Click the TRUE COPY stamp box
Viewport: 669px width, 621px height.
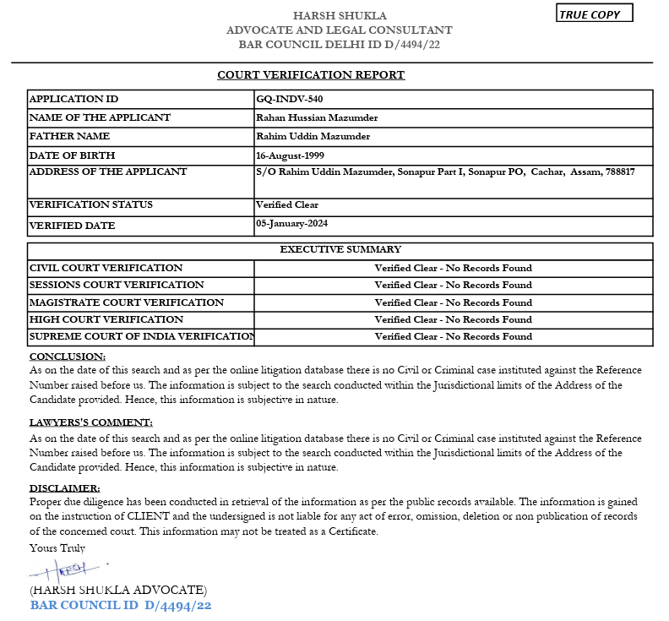click(x=594, y=14)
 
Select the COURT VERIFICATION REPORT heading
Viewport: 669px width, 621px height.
click(x=311, y=75)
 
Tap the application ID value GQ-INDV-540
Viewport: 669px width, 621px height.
click(x=289, y=99)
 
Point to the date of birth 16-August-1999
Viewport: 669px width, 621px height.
click(x=290, y=156)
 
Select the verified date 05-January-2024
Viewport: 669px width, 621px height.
click(x=291, y=224)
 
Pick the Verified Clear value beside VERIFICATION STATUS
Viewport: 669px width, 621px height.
click(x=287, y=204)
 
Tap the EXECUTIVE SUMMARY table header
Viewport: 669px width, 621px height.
click(x=340, y=250)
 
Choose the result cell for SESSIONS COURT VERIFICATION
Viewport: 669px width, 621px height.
click(x=453, y=286)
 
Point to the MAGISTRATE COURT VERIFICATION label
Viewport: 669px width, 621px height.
click(x=127, y=302)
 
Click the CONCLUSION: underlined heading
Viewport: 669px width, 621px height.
click(x=68, y=357)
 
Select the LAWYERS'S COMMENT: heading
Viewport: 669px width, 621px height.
click(x=91, y=422)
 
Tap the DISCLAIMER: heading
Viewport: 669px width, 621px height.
click(x=64, y=488)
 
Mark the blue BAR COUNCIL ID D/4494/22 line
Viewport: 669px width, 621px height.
click(x=121, y=606)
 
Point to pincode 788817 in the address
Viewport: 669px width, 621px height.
click(x=619, y=172)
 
